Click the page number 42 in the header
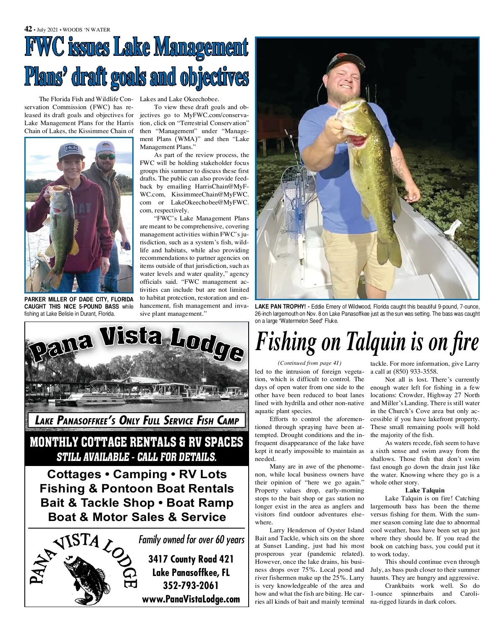coord(28,29)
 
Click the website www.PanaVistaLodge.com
coord(191,599)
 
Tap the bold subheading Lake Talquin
coord(424,490)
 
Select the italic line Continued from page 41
coord(310,363)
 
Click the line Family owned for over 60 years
coord(191,539)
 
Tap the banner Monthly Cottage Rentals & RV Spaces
coord(136,442)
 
